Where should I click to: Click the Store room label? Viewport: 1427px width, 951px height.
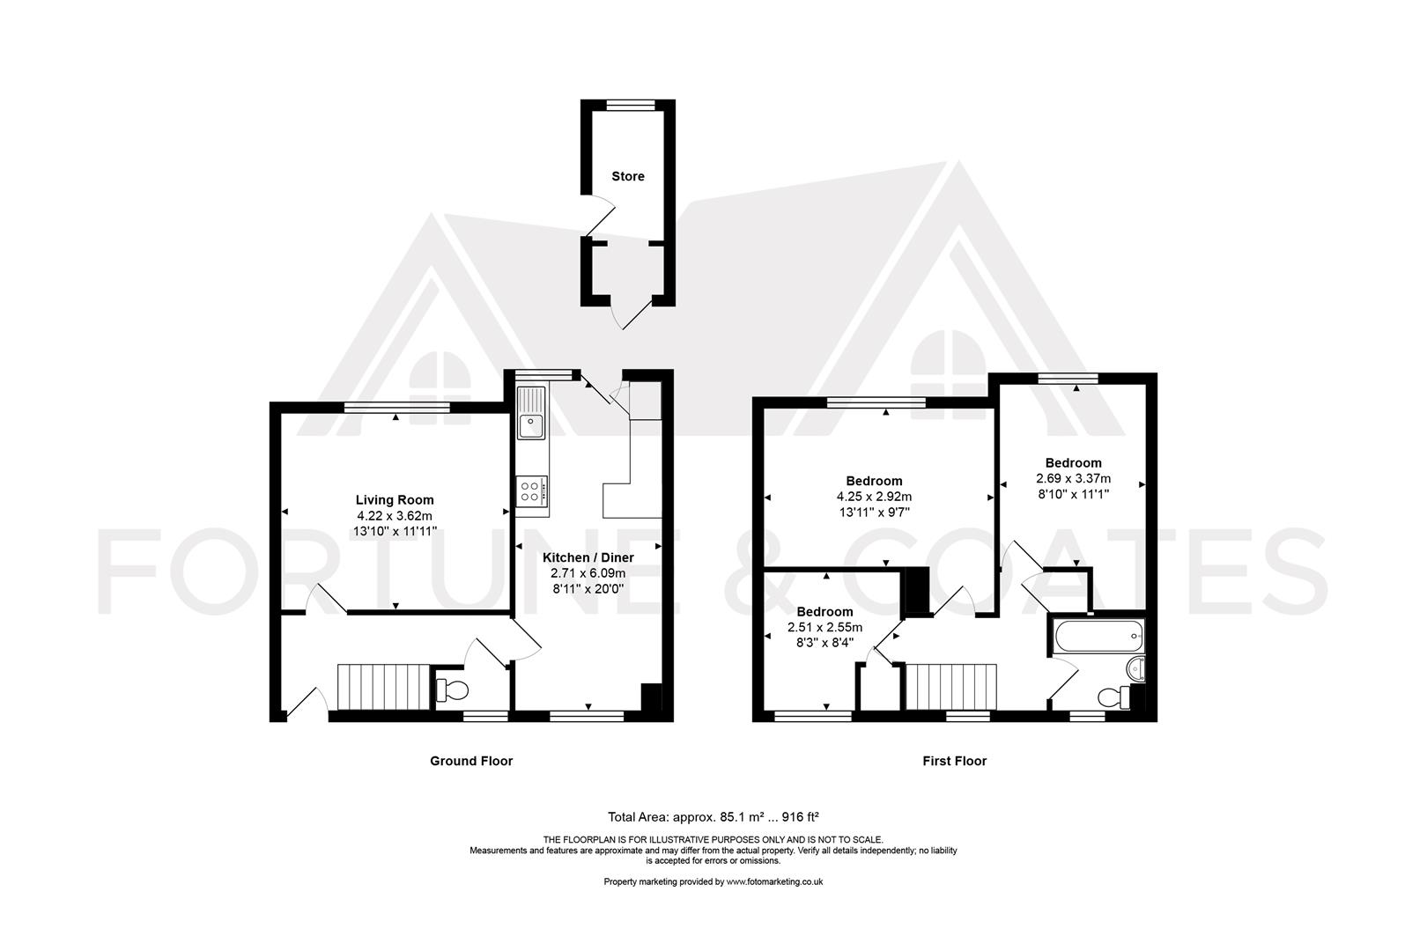click(x=628, y=176)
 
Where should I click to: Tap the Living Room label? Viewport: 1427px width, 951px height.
click(x=395, y=500)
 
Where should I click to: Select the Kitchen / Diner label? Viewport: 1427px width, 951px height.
click(x=588, y=557)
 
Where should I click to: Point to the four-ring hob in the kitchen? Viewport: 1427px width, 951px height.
click(x=532, y=490)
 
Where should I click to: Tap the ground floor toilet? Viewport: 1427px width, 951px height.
click(x=453, y=689)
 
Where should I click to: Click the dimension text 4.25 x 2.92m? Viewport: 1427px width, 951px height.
click(x=874, y=496)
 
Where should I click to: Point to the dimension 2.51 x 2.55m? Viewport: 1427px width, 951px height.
click(x=824, y=627)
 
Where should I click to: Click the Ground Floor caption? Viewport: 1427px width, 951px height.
click(x=470, y=761)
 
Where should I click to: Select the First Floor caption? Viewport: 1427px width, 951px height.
click(x=954, y=761)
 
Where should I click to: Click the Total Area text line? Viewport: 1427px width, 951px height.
click(x=713, y=816)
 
